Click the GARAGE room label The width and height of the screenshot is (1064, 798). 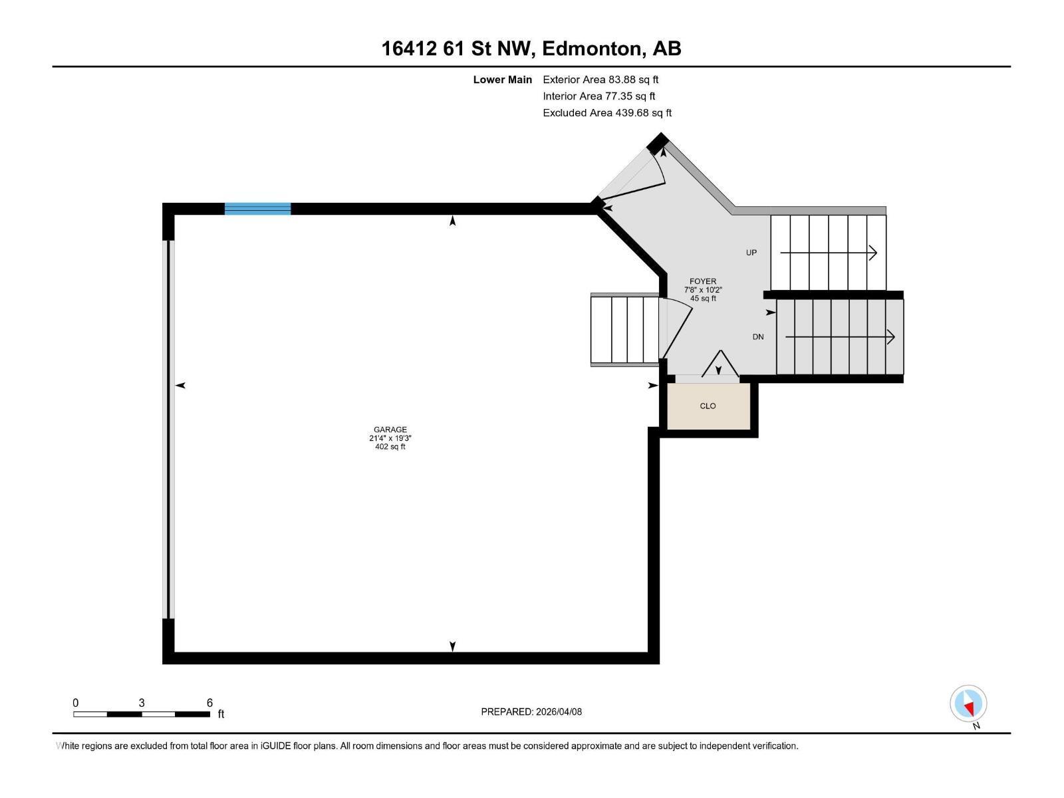390,430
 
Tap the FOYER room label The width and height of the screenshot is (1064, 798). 703,281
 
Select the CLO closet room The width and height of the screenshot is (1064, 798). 708,406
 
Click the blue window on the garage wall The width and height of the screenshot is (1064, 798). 257,208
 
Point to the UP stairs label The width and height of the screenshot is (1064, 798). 751,253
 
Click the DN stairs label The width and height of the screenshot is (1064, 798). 758,337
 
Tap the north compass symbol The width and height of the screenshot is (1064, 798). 968,704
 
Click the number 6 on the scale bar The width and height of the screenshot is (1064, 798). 209,703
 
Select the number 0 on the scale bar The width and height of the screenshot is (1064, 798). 76,703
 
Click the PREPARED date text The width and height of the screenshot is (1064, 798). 531,712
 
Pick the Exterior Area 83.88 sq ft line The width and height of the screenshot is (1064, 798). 600,80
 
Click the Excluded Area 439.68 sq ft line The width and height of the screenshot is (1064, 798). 607,113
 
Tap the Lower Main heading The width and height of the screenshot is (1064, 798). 502,80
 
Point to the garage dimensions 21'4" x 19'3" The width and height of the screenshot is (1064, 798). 390,438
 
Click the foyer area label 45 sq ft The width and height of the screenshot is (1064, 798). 703,299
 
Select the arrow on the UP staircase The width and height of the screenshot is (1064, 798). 829,253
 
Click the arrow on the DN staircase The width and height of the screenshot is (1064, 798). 840,337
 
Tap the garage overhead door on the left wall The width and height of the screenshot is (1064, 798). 169,429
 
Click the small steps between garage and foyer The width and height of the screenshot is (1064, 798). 625,331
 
